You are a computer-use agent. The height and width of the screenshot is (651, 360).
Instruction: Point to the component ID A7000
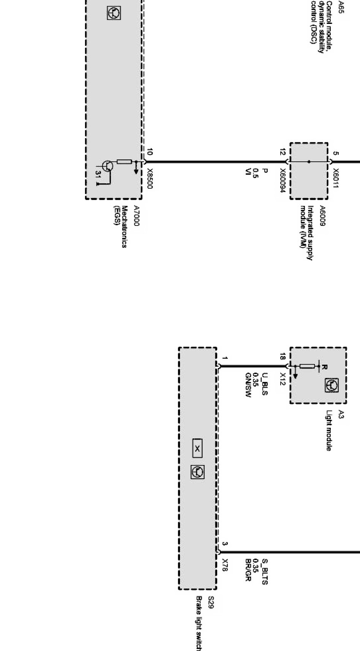pyautogui.click(x=137, y=216)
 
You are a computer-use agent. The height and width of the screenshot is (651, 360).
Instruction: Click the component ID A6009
pyautogui.click(x=322, y=216)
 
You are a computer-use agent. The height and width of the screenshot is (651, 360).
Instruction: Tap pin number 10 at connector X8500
pyautogui.click(x=150, y=153)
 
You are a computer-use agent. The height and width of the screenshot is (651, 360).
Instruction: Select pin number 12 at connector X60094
pyautogui.click(x=283, y=152)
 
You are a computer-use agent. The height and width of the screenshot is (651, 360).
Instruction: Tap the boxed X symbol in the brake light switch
pyautogui.click(x=197, y=449)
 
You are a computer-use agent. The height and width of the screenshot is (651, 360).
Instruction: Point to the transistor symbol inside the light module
pyautogui.click(x=331, y=386)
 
